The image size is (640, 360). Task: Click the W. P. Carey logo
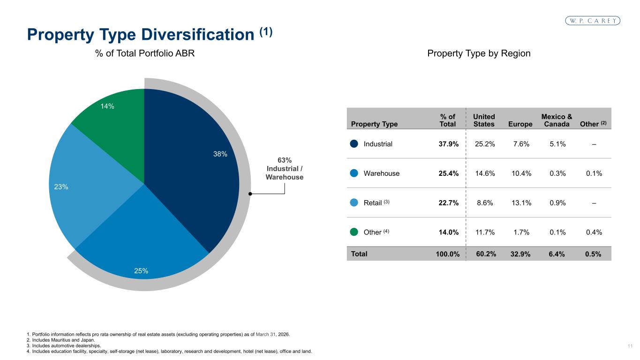[x=593, y=21]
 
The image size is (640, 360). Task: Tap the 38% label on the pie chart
[x=220, y=154]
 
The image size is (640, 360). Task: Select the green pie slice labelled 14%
[x=114, y=128]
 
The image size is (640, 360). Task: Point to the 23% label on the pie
[x=61, y=187]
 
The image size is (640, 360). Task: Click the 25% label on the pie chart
[x=141, y=271]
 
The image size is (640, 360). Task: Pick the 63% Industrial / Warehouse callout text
[x=285, y=169]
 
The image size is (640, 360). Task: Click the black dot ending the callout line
[x=250, y=194]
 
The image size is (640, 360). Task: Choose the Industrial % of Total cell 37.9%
[x=449, y=144]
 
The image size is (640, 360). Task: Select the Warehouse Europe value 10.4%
[x=521, y=173]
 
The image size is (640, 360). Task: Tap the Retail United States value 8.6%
[x=485, y=203]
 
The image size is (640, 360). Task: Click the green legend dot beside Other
[x=354, y=232]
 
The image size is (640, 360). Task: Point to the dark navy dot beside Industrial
[x=354, y=144]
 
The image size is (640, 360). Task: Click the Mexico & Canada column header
[x=557, y=120]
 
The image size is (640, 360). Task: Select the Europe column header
[x=520, y=124]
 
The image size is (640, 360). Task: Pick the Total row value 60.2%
[x=486, y=254]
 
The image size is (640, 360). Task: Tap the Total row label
[x=359, y=254]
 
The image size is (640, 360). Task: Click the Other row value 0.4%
[x=594, y=232]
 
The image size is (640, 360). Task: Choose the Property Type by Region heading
[x=479, y=53]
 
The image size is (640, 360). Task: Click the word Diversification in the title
[x=198, y=35]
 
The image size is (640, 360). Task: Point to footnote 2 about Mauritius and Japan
[x=60, y=340]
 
